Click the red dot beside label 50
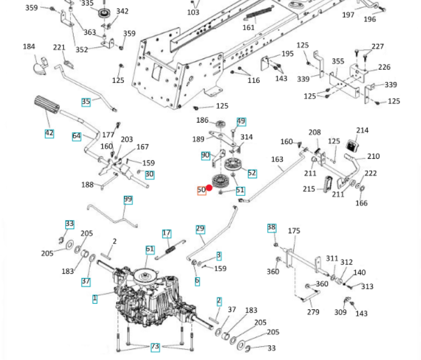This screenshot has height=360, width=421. coord(210,188)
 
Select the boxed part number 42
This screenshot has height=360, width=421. coord(49,133)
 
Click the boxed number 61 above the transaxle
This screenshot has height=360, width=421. coord(149,250)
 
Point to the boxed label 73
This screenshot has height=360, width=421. coord(155,347)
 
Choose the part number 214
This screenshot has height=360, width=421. coord(362,130)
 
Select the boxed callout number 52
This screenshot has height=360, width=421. coord(252,173)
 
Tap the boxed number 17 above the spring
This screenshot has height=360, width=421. coord(166,233)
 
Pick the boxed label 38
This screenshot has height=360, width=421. coord(272,227)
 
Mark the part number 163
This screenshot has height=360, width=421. coord(277,159)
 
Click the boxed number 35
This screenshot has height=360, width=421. coord(85,102)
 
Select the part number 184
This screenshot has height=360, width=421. coord(29,47)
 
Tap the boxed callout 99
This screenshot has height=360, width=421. coord(128,200)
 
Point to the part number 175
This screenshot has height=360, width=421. coord(294,231)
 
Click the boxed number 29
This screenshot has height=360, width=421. coord(201,229)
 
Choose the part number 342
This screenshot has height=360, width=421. coord(122,11)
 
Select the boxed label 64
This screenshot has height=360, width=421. coord(76,136)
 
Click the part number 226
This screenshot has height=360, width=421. coord(384,67)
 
